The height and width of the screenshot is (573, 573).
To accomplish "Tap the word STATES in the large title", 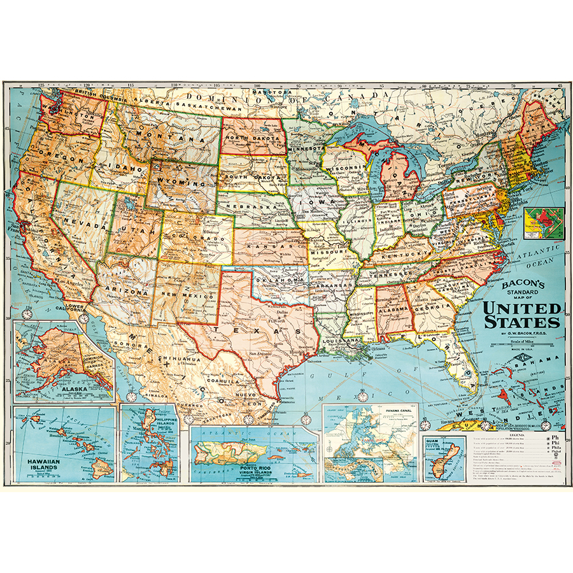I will click(x=523, y=321).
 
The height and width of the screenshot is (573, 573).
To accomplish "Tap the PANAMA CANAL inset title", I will click(x=399, y=411).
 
